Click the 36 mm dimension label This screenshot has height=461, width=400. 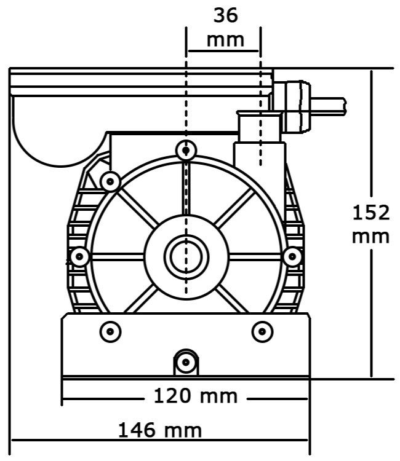coord(225,28)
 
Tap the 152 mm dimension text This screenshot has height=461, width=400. coord(371,224)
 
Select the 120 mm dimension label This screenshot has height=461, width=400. coord(196,396)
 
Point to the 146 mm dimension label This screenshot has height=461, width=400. coord(160,430)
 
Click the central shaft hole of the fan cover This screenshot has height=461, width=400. coord(186,257)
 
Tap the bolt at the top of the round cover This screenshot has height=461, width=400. coord(186,150)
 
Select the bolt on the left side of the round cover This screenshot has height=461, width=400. coord(79,257)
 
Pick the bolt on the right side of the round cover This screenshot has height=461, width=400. coord(292,257)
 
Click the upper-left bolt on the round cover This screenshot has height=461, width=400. coord(110,182)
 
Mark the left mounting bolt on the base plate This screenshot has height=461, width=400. coord(110,332)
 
